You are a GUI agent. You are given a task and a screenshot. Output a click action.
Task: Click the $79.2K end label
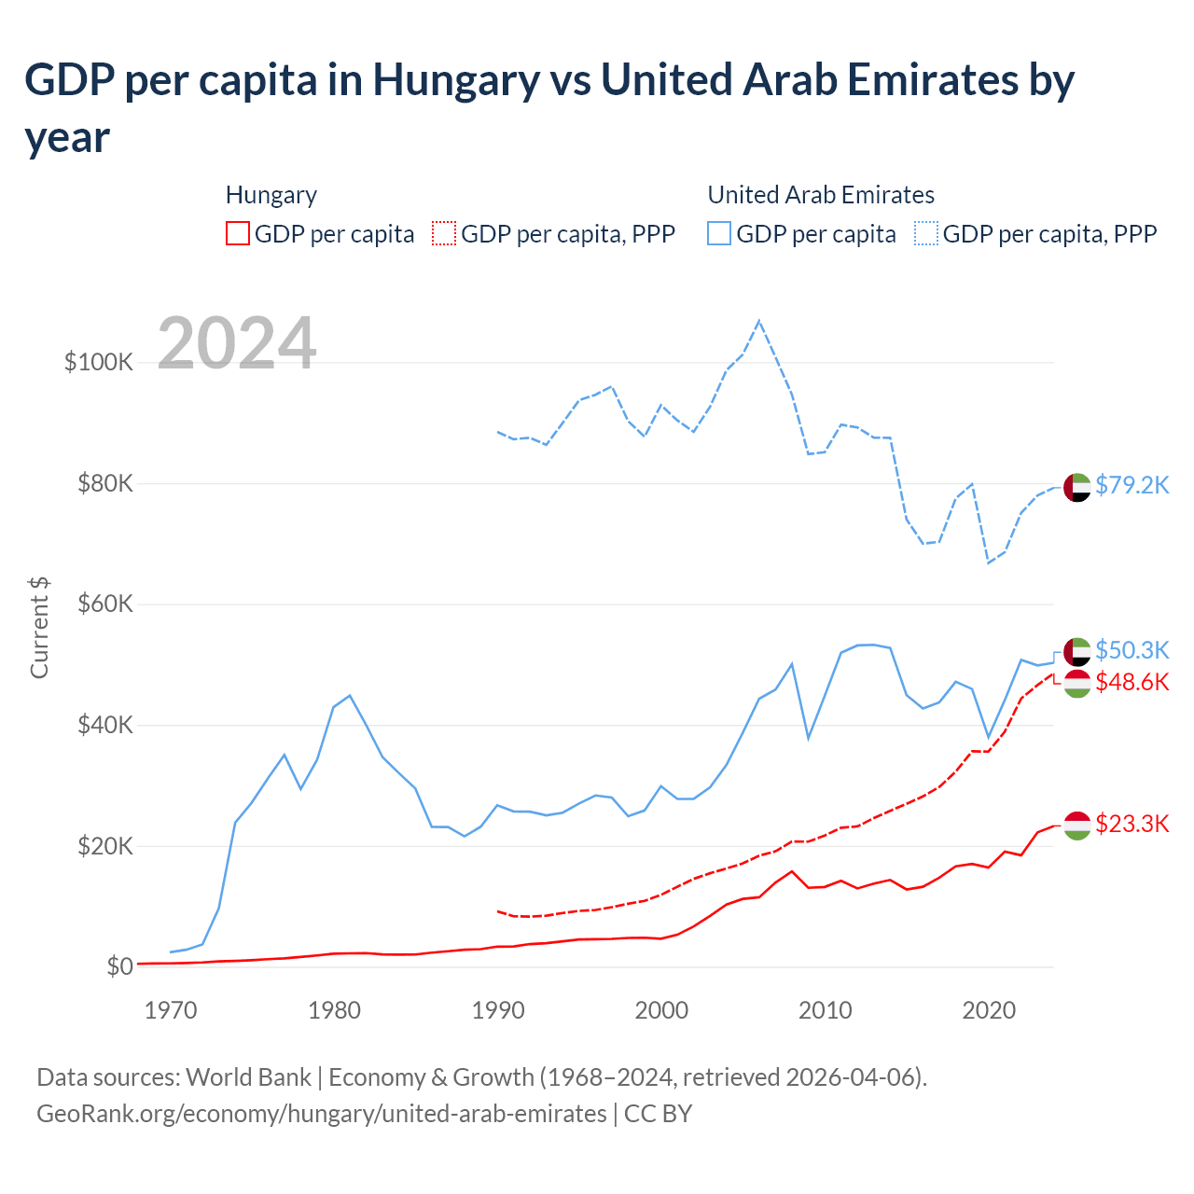[1132, 485]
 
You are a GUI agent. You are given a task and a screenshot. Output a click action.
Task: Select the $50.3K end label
[1132, 650]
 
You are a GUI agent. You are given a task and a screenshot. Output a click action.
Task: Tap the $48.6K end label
[1132, 682]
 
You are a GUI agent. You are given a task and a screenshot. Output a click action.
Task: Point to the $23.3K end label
[1132, 824]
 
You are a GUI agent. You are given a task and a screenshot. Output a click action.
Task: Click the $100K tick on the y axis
[99, 362]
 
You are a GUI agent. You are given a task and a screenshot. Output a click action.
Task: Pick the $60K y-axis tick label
[104, 604]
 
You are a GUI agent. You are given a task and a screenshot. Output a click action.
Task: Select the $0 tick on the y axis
[119, 966]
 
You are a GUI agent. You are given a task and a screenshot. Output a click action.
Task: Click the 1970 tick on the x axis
[171, 1010]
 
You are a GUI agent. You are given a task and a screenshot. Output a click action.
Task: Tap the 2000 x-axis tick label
[661, 1010]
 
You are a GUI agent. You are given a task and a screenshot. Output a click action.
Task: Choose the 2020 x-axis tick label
[989, 1010]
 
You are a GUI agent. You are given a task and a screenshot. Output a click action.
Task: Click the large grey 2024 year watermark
[237, 343]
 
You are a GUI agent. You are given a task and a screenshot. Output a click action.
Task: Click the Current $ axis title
[39, 627]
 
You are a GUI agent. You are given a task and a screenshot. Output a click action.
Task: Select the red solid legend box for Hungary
[238, 233]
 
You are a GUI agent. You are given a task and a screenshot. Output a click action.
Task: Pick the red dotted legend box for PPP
[444, 233]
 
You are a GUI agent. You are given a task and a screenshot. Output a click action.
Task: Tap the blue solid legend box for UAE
[719, 233]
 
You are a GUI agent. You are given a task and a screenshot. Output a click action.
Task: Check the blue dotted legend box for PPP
[926, 233]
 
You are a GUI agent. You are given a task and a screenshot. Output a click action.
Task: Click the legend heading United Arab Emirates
[821, 195]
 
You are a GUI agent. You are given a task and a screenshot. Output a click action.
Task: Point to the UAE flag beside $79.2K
[1077, 487]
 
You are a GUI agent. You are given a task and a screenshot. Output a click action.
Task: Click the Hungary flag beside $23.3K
[1077, 826]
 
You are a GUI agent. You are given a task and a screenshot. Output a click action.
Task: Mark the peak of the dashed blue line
[759, 321]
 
